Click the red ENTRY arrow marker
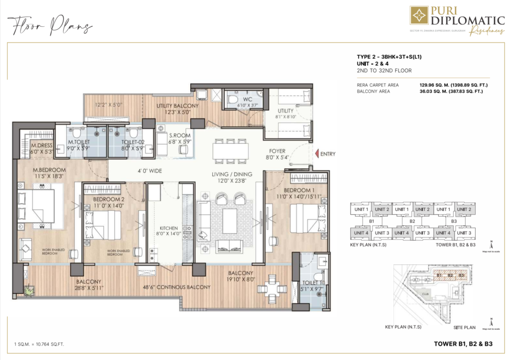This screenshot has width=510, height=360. click(x=316, y=154)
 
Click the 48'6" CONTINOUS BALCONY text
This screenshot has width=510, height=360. click(x=177, y=287)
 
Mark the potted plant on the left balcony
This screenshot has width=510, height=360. click(x=28, y=289)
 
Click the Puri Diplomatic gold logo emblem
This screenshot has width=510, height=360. click(x=419, y=15)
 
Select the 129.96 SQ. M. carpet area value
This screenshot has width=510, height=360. click(x=436, y=85)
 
